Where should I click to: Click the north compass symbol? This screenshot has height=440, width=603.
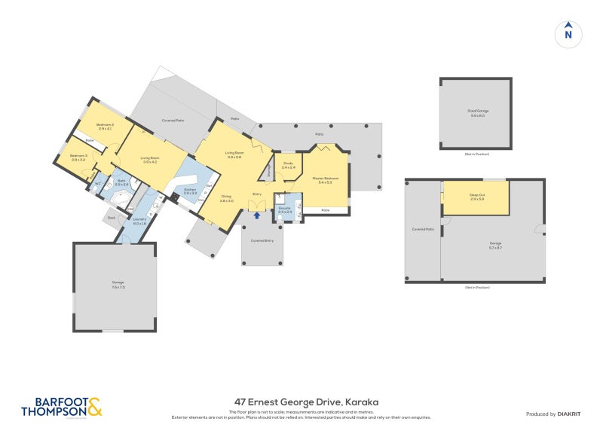click(568, 33)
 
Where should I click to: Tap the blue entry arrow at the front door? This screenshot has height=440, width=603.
click(256, 215)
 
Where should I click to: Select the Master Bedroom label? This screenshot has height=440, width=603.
click(326, 179)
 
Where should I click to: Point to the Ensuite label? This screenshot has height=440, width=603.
click(285, 208)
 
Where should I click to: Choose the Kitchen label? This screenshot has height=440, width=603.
click(190, 190)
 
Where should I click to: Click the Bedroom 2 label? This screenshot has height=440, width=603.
click(105, 125)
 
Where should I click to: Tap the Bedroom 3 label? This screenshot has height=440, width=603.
click(79, 156)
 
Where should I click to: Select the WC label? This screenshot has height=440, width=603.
click(98, 184)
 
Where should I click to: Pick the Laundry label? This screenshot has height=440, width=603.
click(139, 219)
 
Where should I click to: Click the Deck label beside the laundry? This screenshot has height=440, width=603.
click(112, 218)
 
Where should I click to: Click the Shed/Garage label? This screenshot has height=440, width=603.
click(477, 113)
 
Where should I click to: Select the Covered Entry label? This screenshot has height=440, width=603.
click(262, 240)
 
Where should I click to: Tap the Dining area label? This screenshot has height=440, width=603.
click(226, 198)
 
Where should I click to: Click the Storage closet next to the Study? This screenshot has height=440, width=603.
click(269, 173)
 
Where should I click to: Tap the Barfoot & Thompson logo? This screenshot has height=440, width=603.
click(60, 407)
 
